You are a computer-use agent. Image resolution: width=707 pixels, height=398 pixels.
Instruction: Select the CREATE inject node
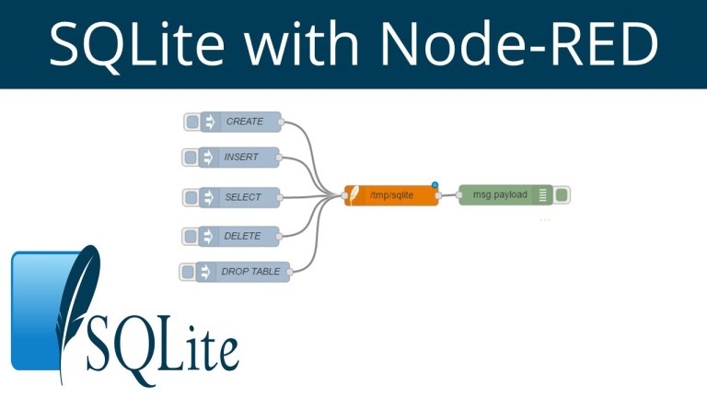[x=242, y=122]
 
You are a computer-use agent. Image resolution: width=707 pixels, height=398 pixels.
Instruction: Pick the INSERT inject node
[x=240, y=158]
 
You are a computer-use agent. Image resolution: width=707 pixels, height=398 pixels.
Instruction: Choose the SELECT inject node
[x=241, y=197]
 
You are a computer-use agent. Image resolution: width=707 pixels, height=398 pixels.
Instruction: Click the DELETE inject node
[x=241, y=236]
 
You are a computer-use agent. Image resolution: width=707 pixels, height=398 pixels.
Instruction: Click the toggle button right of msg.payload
[x=562, y=195]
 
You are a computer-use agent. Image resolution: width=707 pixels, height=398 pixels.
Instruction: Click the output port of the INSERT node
[x=281, y=158]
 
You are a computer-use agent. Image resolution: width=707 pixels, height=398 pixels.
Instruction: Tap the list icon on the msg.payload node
[x=543, y=195]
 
